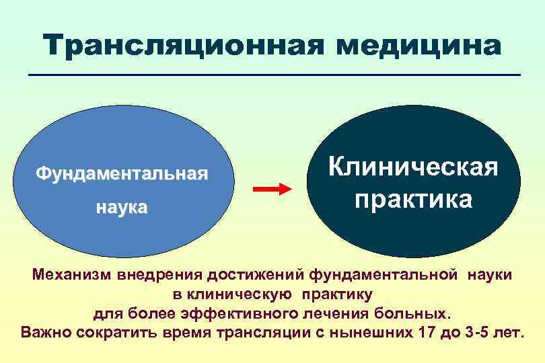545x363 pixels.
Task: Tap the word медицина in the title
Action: click(x=419, y=46)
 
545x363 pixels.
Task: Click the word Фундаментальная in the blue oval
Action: click(x=122, y=175)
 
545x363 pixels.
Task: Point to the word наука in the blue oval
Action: click(x=121, y=207)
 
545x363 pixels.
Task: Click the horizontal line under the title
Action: click(x=275, y=74)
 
